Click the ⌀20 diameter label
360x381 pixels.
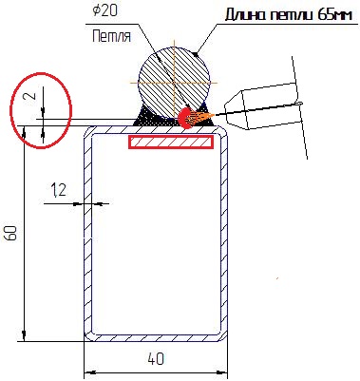pos(104,11)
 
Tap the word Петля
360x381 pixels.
pos(111,36)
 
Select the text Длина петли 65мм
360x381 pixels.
pos(289,14)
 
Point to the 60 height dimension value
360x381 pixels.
pos(11,233)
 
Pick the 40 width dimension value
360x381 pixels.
pos(156,359)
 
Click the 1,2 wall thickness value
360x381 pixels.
pos(59,190)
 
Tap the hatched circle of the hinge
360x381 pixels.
pos(174,83)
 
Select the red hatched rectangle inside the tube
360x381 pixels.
pos(171,142)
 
